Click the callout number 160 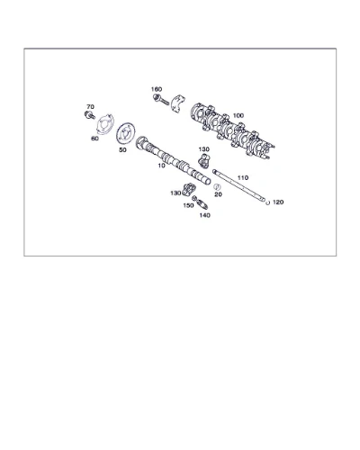[157, 89]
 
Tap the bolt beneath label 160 [161, 99]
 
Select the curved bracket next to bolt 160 [178, 103]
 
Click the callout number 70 [90, 107]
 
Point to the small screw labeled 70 [89, 115]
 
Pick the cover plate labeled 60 [105, 124]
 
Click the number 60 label [94, 139]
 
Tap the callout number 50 [122, 150]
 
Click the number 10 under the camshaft [161, 166]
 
